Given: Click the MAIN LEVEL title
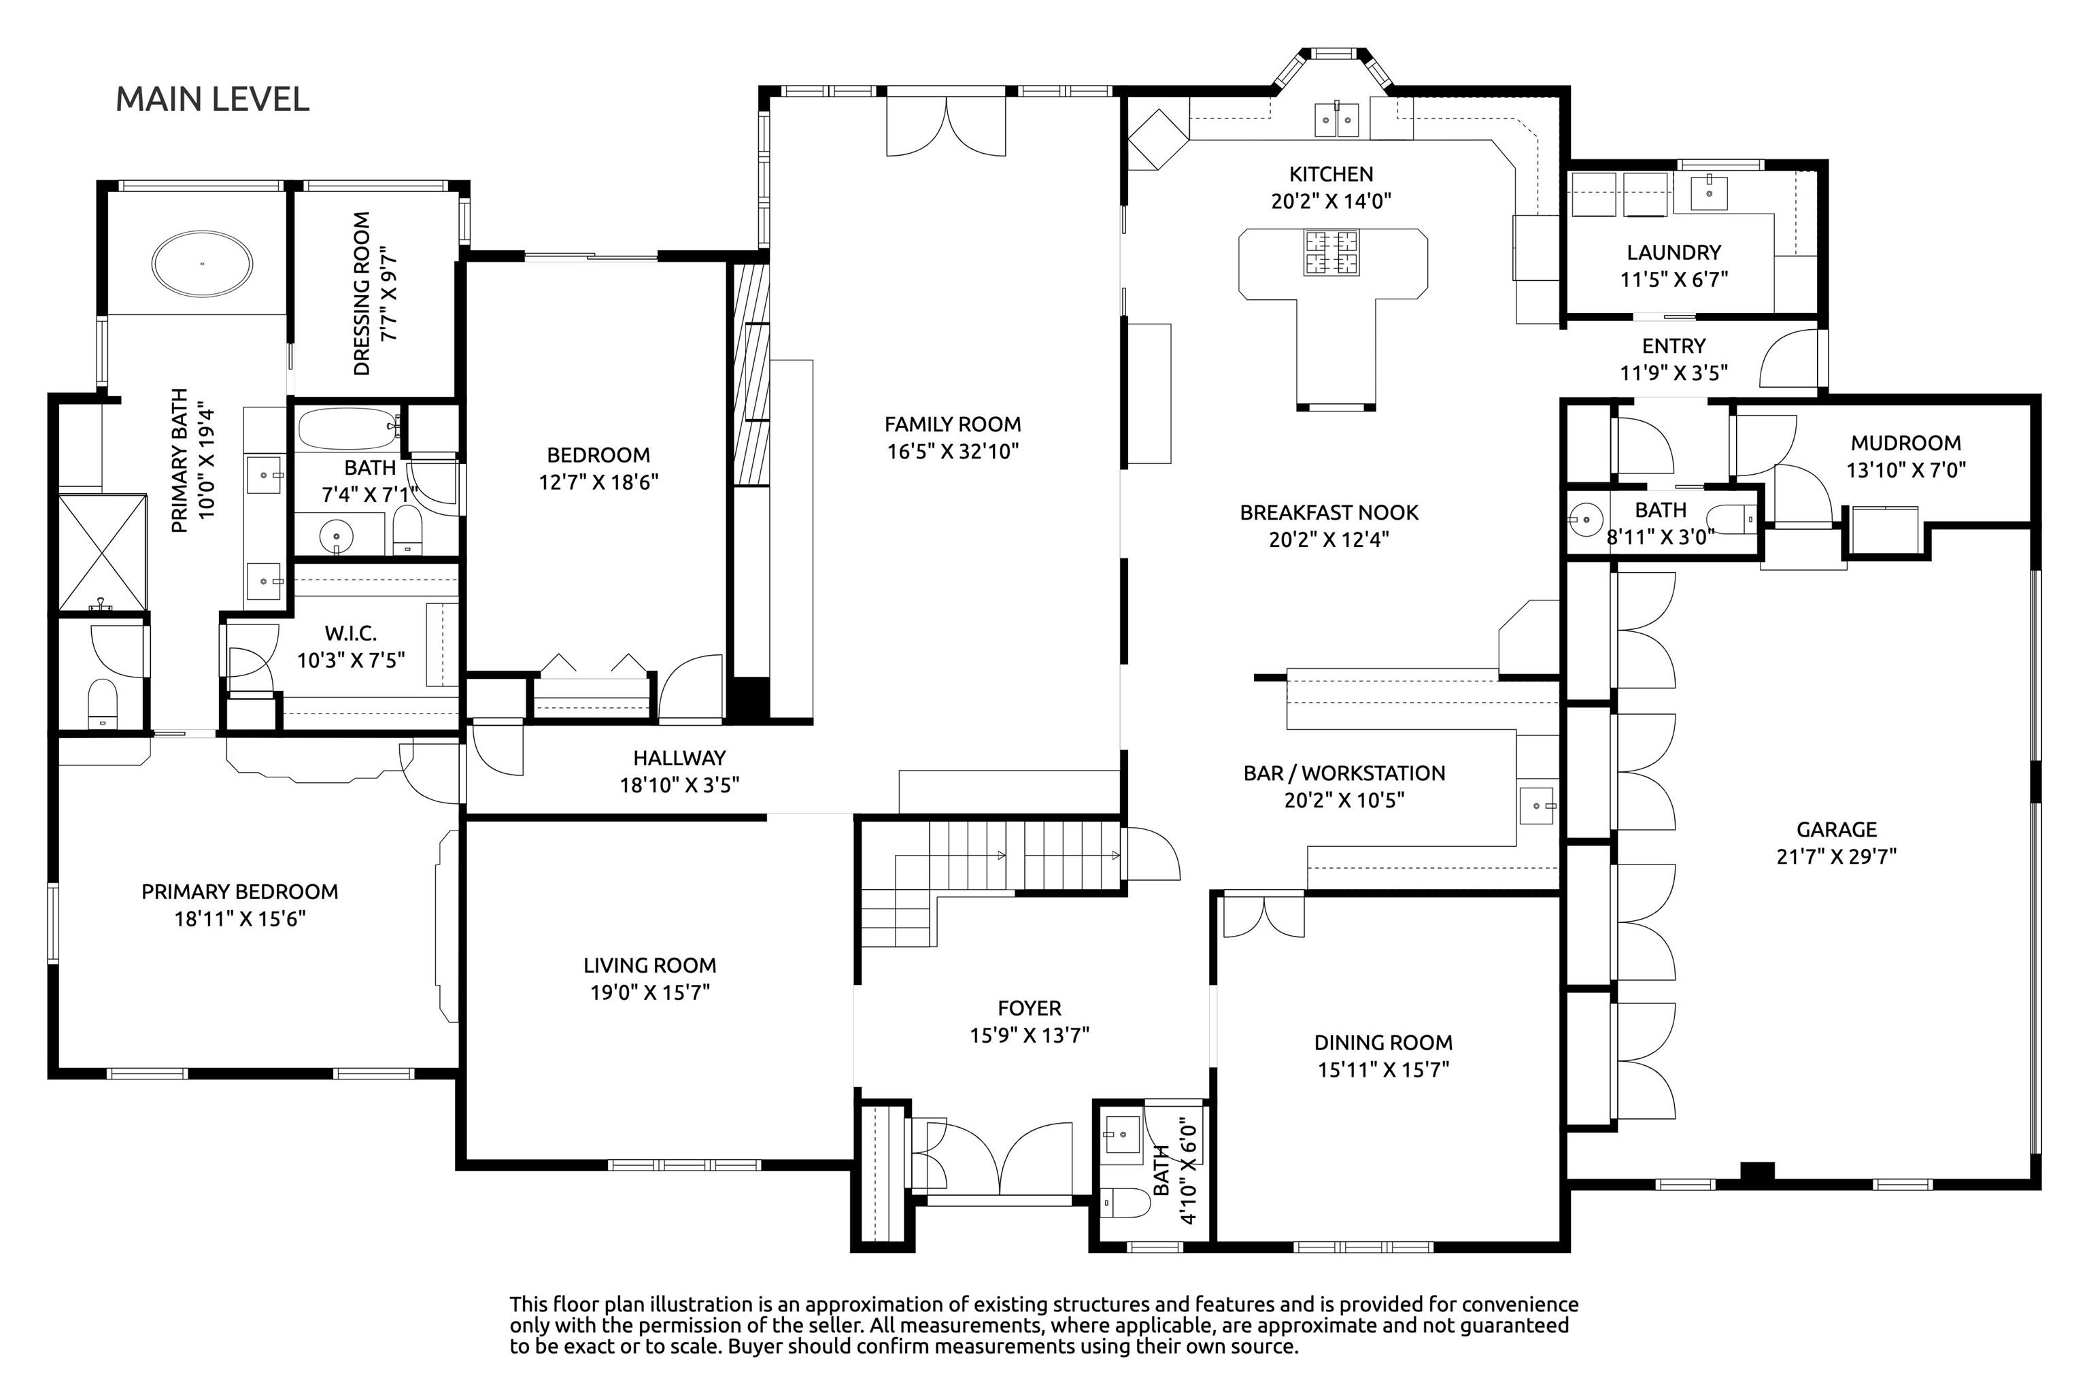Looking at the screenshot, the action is (212, 99).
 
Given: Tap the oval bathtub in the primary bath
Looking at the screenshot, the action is (203, 264).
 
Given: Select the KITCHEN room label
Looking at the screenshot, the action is (1331, 174).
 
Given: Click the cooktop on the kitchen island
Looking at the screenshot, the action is (1331, 252).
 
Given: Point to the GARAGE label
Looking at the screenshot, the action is (1837, 830).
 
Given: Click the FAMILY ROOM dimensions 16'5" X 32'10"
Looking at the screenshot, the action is (953, 452).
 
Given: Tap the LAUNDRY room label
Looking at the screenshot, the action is (1674, 252).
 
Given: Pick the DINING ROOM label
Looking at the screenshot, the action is (1384, 1043).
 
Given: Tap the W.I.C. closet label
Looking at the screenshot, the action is (351, 633).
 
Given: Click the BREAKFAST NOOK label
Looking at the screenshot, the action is (1329, 513).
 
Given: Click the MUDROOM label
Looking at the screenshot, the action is (1906, 442).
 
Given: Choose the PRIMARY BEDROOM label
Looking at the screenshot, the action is (240, 892).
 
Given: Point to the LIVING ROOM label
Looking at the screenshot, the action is (650, 966).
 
